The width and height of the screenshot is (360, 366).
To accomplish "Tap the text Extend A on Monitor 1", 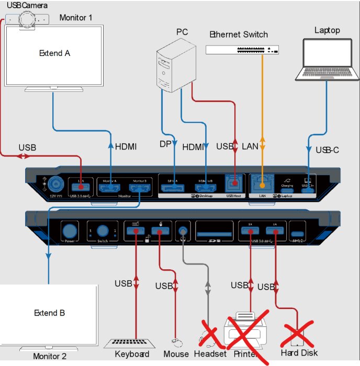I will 54,53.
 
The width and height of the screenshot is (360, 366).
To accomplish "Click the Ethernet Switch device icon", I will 242,50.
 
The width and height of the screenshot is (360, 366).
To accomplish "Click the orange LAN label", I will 250,146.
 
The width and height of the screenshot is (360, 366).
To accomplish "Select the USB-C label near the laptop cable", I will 328,150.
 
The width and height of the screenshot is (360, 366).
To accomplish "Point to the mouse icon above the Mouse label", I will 176,343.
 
